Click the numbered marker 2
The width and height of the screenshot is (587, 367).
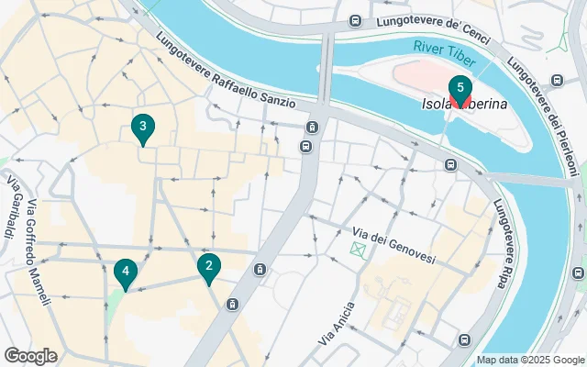coord(209,268)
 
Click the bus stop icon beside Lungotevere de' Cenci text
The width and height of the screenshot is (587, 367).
coord(355,21)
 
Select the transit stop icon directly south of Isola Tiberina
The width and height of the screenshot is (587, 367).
coord(450,165)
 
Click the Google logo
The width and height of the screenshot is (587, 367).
coord(30,355)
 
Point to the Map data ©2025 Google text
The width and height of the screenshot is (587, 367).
coord(529,360)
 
